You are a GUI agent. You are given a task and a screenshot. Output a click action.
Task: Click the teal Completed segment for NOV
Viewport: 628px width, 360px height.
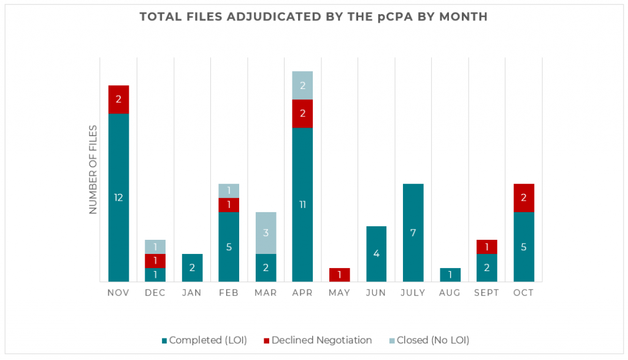[x=118, y=197]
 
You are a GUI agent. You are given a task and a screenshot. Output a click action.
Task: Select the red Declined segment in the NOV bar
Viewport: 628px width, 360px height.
[x=118, y=99]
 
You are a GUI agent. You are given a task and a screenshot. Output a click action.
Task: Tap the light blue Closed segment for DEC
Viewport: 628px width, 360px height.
[x=155, y=247]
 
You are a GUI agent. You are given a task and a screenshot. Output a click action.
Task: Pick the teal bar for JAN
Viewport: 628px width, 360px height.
[x=192, y=267]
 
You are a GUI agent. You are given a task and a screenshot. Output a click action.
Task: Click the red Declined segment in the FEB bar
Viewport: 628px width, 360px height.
[x=229, y=205]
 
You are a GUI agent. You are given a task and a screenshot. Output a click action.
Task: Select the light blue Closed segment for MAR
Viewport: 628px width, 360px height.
[x=266, y=233]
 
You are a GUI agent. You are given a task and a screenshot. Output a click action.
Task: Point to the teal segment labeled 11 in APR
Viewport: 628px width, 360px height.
[x=302, y=204]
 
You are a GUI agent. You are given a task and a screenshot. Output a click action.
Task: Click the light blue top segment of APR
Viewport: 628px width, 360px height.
[x=302, y=85]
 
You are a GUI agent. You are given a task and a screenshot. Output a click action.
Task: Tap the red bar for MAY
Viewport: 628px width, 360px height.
[x=339, y=275]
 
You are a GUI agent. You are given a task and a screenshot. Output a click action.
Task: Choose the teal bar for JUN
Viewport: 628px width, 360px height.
[x=376, y=254]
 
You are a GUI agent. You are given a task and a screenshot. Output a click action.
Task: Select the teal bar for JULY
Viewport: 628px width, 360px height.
[x=413, y=233]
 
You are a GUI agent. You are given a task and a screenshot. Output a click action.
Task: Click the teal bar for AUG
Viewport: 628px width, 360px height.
[x=450, y=275]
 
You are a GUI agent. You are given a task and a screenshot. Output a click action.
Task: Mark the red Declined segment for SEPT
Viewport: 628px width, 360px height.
[x=486, y=247]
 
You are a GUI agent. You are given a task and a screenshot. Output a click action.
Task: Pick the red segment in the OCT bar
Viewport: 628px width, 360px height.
[x=523, y=197]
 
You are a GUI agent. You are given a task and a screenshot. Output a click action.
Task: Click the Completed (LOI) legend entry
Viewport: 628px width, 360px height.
[x=205, y=340]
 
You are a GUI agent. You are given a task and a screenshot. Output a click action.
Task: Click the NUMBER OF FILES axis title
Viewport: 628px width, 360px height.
[x=93, y=169]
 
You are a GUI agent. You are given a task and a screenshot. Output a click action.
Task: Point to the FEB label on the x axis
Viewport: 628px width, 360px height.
[x=229, y=293]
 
